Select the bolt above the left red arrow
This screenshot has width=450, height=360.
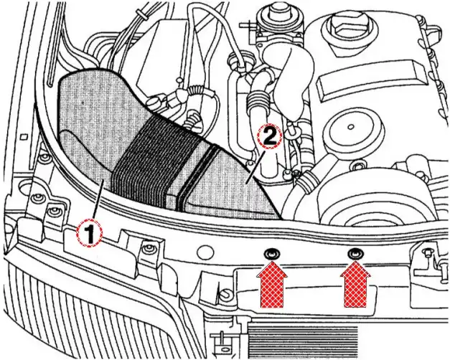pyautogui.click(x=271, y=254)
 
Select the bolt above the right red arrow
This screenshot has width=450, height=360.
pyautogui.click(x=355, y=254)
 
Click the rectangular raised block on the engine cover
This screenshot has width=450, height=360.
pyautogui.click(x=369, y=79)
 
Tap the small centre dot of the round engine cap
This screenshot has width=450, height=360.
pyautogui.click(x=350, y=126)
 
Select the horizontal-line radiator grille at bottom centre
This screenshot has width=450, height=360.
pyautogui.click(x=303, y=341)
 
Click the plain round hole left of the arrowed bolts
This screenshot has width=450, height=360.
pyautogui.click(x=206, y=252)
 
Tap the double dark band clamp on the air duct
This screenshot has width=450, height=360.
pyautogui.click(x=197, y=178)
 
